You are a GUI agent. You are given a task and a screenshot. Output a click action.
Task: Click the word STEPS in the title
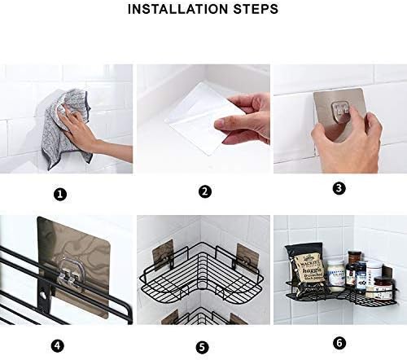pyautogui.click(x=255, y=10)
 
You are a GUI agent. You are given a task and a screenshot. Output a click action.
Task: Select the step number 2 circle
pyautogui.click(x=205, y=192)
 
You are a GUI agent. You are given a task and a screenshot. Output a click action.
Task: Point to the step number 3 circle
pyautogui.click(x=339, y=188)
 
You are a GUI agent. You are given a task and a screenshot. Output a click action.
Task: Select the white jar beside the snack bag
pyautogui.click(x=335, y=274)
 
